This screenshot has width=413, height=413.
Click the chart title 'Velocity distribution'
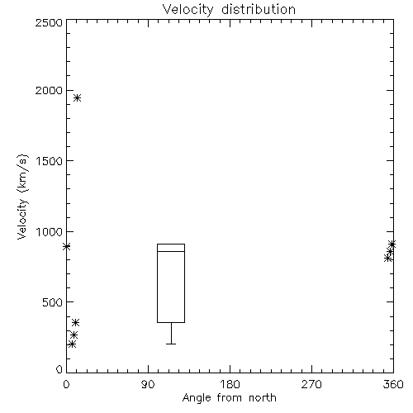point(229,9)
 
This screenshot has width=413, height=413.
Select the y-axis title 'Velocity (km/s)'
point(22,197)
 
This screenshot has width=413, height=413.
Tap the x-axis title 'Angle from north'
point(229,397)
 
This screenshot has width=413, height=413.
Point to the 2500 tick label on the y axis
point(49,22)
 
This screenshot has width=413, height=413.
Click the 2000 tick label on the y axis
point(49,90)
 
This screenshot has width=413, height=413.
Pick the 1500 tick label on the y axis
point(50,161)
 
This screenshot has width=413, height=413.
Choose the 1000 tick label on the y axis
point(50,232)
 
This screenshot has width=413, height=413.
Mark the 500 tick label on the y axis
point(53,302)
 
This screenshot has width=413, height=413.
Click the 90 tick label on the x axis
point(148,384)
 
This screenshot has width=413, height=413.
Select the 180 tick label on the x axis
point(230,384)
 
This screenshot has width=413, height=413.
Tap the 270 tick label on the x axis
point(311,384)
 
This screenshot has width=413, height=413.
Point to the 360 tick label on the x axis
point(393,384)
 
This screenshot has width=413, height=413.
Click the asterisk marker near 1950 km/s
point(78,97)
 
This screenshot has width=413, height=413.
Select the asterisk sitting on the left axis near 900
point(66,246)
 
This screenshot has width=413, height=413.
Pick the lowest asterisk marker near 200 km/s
point(72,344)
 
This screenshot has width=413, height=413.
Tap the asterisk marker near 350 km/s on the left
point(75,322)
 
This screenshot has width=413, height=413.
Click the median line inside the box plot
point(171,251)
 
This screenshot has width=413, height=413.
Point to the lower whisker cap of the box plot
point(171,344)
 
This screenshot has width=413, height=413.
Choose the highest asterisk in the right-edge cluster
point(392,244)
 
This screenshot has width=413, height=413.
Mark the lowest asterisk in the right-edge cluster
point(388,259)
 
